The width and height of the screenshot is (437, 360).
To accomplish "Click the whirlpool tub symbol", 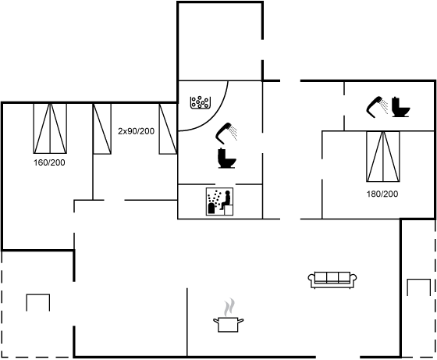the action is point(200,102).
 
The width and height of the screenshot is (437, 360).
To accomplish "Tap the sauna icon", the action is point(219,201).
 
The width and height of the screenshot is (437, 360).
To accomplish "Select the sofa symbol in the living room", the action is point(332,280).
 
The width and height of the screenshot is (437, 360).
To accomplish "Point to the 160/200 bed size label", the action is point(49,162).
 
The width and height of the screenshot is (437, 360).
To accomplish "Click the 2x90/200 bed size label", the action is point(136,131).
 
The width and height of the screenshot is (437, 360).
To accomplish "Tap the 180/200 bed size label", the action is point(382,194).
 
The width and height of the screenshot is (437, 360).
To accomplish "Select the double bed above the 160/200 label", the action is point(50,129).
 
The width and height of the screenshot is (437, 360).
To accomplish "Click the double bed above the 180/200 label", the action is point(383,157).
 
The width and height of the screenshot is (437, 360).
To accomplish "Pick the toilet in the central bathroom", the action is point(227,158).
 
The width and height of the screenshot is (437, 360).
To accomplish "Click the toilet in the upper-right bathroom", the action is point(401,107).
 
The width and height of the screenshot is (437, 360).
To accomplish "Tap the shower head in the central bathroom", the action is point(226,133).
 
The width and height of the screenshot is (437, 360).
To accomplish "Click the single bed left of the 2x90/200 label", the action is point(102,129).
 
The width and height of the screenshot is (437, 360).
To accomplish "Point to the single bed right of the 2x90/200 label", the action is point(168,129).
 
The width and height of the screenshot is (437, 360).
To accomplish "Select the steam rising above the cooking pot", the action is point(229,308).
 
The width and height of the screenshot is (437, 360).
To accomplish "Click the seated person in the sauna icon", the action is point(226,200).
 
